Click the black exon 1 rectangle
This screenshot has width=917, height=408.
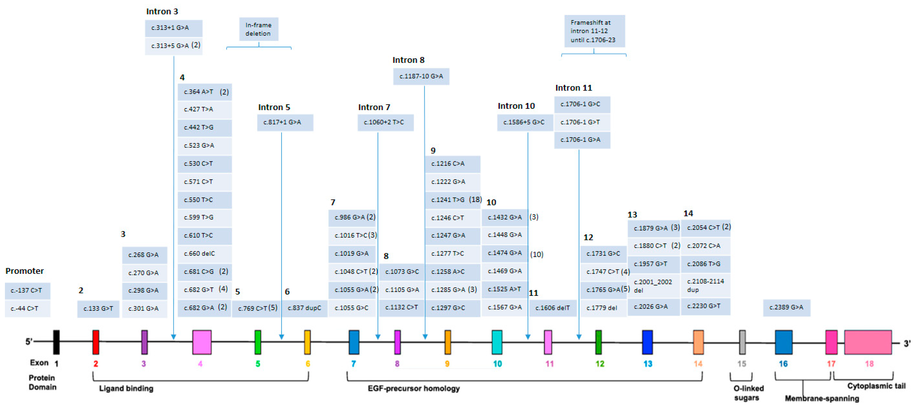(56, 342)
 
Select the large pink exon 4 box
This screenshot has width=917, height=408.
(202, 342)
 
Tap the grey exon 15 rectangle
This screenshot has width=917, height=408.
(742, 342)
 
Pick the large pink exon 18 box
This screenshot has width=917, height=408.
(868, 342)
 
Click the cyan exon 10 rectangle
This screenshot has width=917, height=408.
(497, 342)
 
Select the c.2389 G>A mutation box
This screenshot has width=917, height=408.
(786, 308)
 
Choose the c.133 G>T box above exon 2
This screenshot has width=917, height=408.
(98, 309)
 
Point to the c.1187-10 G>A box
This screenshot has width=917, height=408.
(421, 76)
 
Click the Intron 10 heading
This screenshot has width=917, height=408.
(516, 106)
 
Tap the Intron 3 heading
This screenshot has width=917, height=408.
(162, 11)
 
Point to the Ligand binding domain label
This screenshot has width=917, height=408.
(126, 388)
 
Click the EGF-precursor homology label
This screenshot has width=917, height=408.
(414, 388)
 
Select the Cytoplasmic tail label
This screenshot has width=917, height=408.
(876, 386)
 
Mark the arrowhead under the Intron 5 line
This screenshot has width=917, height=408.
(282, 337)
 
